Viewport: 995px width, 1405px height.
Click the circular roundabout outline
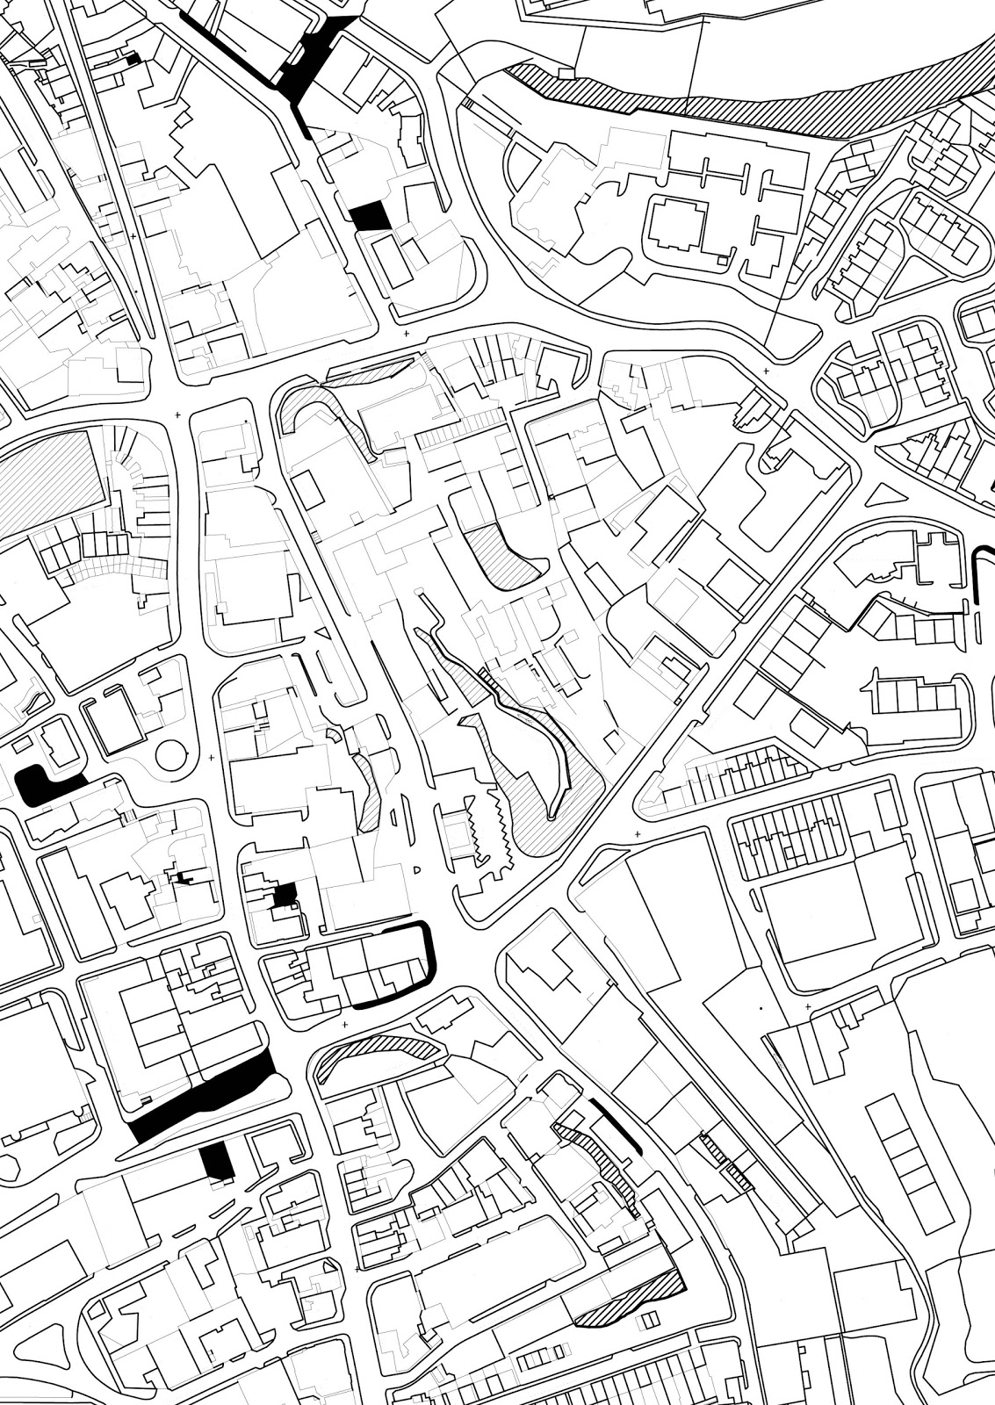[x=172, y=753]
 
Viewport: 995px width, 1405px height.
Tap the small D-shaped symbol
[x=418, y=869]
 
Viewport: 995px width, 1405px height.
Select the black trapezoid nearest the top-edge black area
[x=370, y=215]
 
